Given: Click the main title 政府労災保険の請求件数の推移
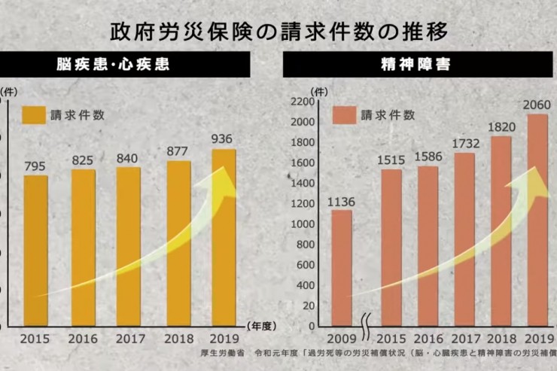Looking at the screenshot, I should [278, 31].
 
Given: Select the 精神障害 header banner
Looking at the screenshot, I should [419, 65].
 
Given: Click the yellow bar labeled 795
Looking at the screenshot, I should [35, 252].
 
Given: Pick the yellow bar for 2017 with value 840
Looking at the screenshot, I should [129, 248].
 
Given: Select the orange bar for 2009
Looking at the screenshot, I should [342, 269].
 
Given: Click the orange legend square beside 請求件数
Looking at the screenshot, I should [344, 115].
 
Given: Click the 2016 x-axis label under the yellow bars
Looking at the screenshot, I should [83, 339].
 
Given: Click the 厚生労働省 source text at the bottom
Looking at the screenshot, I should [227, 353].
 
